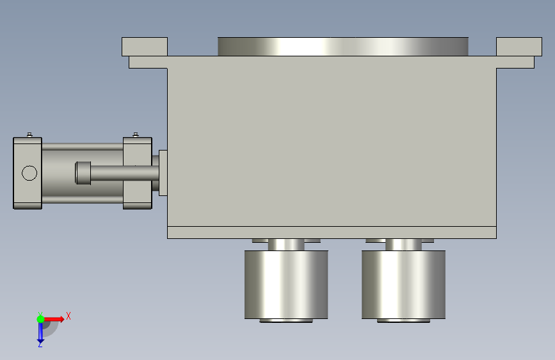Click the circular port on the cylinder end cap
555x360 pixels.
click(29, 173)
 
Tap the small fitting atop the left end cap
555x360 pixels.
click(29, 135)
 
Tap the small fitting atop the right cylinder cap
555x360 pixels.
click(136, 135)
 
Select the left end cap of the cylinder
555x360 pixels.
click(28, 173)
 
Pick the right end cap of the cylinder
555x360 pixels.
click(138, 173)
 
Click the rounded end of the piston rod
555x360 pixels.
click(83, 173)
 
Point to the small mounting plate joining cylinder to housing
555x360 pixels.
click(163, 173)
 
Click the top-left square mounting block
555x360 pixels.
click(145, 46)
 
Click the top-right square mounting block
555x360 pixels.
click(519, 46)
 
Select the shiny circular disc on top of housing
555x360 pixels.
click(343, 46)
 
